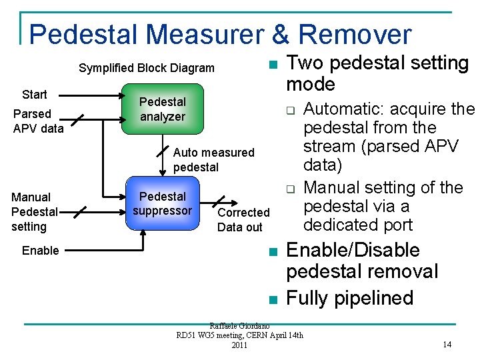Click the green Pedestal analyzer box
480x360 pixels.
click(x=162, y=109)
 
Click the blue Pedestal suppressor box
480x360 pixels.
click(x=162, y=204)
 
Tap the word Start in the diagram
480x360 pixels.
click(x=35, y=94)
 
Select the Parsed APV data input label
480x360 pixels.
click(x=38, y=121)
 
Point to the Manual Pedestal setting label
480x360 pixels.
click(x=34, y=212)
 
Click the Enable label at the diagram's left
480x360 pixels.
click(x=40, y=251)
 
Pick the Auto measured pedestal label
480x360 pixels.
click(x=213, y=160)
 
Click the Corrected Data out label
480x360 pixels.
click(x=243, y=220)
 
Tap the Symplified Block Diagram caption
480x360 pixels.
click(x=147, y=68)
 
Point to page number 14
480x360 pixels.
click(x=447, y=345)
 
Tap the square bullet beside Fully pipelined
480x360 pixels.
click(x=272, y=299)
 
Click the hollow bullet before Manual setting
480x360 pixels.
click(x=291, y=189)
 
